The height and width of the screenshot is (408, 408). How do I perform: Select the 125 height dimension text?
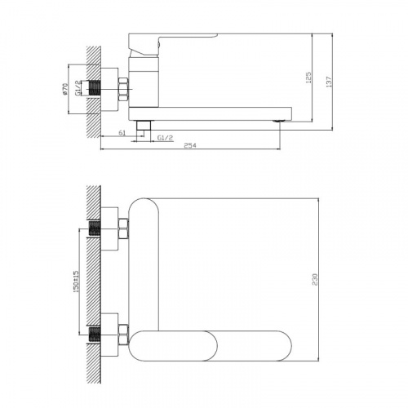309,78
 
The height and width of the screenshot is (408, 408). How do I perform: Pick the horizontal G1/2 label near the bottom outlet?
164,138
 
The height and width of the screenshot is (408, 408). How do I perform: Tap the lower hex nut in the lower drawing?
122,333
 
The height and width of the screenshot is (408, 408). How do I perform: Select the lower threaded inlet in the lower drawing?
104,333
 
